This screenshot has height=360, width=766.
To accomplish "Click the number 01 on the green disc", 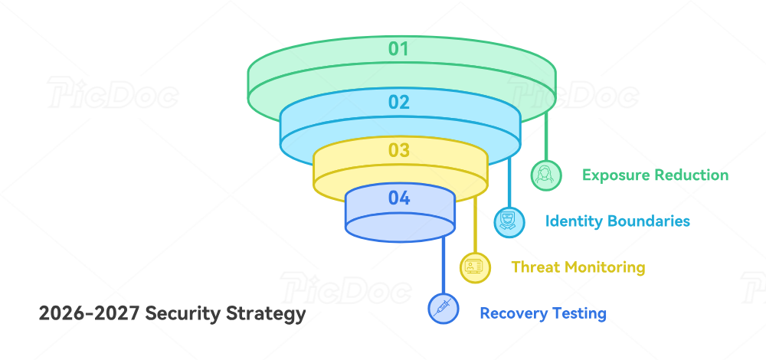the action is tap(398, 49).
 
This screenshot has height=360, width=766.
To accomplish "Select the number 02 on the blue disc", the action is tap(399, 102).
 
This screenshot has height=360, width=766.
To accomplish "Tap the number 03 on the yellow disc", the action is tap(399, 150).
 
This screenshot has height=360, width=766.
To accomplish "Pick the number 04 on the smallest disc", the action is tap(399, 198).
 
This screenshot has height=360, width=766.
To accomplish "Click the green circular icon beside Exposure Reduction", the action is tap(546, 175).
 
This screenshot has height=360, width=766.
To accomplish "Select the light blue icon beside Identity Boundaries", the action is tap(509, 221).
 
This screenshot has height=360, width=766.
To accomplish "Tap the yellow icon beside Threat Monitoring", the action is tap(475, 267).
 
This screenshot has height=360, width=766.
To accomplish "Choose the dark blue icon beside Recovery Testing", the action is tap(444, 309).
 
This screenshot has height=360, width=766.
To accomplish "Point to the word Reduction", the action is tap(692, 175).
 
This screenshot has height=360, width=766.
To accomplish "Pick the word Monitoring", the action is tap(604, 267).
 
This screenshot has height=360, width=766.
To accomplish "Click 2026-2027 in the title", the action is tap(89, 313).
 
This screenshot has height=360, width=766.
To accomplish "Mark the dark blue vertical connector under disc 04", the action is tap(444, 264).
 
